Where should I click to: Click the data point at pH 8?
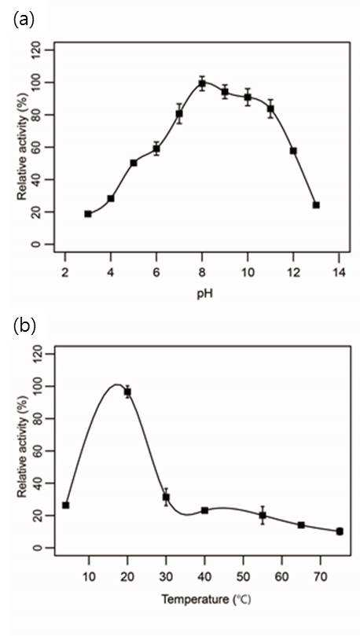click(x=202, y=84)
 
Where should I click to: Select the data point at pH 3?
click(x=88, y=214)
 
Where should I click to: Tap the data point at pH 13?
click(x=316, y=205)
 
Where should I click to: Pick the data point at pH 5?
click(x=134, y=163)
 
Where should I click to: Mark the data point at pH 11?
click(x=270, y=109)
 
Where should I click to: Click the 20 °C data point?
click(x=127, y=392)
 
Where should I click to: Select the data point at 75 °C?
click(x=340, y=531)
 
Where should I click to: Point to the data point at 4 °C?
click(x=66, y=505)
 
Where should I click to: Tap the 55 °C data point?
click(x=263, y=516)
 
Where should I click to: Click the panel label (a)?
click(x=24, y=20)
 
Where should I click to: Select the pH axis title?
click(x=201, y=294)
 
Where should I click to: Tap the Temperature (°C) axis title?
click(x=206, y=599)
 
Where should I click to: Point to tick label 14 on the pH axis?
click(x=339, y=272)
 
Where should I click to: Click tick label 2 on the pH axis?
click(x=65, y=272)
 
